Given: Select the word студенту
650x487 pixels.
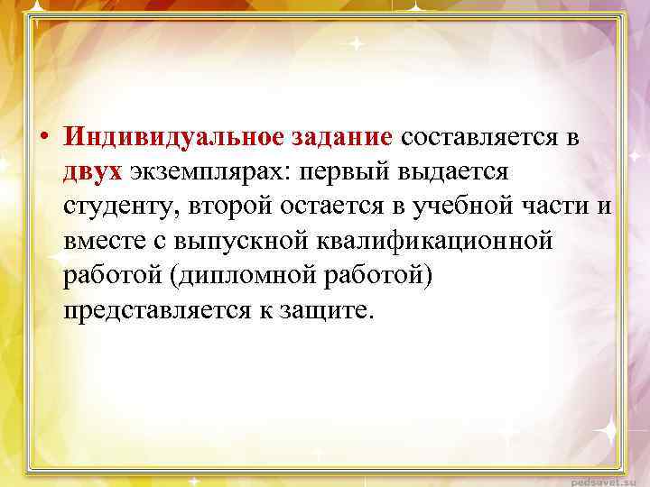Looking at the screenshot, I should coord(124,207).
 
